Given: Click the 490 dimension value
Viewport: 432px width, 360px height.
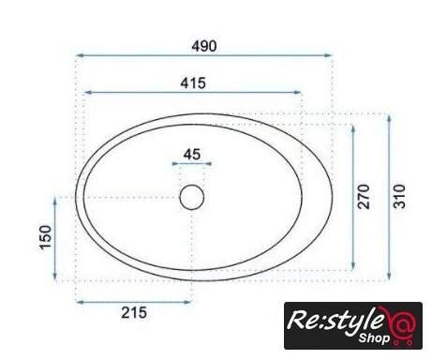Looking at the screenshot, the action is click(204, 46).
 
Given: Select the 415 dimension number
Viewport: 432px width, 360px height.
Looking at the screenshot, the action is click(193, 83).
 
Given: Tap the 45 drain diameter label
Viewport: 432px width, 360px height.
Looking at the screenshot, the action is click(192, 155).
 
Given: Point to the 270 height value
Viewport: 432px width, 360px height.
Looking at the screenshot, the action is click(364, 197).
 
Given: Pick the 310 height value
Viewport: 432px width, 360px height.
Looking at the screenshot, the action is click(399, 197).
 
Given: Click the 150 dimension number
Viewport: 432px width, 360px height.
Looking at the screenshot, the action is click(45, 237).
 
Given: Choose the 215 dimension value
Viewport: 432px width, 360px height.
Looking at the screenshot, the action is click(134, 312).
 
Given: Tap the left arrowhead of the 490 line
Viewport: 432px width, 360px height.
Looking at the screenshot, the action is click(80, 55).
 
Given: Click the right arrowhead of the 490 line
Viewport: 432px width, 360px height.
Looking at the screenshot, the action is click(328, 55).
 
